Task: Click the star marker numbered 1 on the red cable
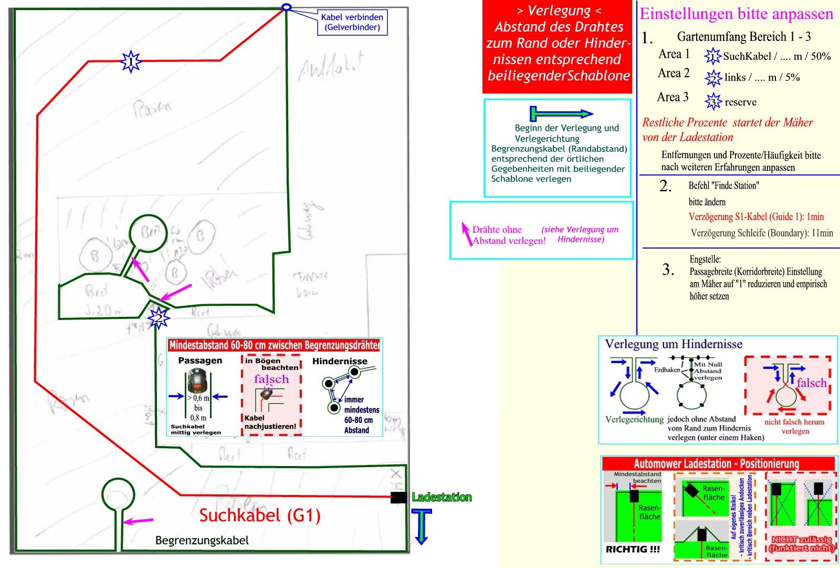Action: [x=131, y=61]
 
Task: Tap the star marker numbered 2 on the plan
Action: [x=158, y=317]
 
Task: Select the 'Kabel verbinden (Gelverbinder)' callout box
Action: [x=352, y=22]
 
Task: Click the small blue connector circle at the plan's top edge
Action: [x=286, y=7]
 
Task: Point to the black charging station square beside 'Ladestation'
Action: [x=398, y=497]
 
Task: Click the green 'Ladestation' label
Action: [x=442, y=497]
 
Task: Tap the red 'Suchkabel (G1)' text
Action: [x=260, y=515]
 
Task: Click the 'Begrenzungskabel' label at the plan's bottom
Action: [x=202, y=540]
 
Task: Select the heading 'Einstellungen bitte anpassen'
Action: [x=736, y=14]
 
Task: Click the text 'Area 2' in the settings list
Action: [x=674, y=73]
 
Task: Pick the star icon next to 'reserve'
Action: [x=713, y=101]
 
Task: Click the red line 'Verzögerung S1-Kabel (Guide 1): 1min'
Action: [x=756, y=216]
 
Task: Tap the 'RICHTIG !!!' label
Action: [x=633, y=549]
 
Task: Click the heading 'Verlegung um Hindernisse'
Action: [x=674, y=344]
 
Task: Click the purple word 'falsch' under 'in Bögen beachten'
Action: [x=271, y=379]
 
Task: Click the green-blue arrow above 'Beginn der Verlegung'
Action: [x=561, y=113]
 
